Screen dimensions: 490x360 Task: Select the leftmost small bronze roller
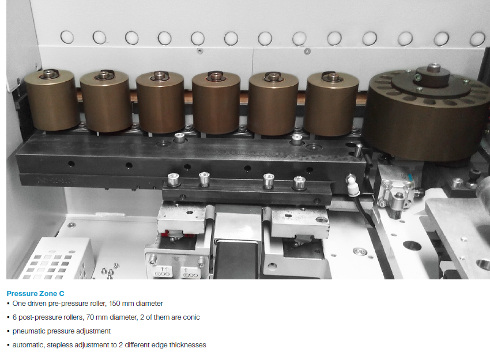pyautogui.click(x=51, y=100)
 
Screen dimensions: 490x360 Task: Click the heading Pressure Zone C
pyautogui.click(x=35, y=294)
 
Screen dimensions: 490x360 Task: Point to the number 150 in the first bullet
pyautogui.click(x=114, y=304)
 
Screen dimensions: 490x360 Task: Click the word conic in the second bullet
pyautogui.click(x=191, y=317)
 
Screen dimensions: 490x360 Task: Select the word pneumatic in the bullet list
pyautogui.click(x=28, y=331)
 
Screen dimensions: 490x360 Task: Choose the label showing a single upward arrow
pyautogui.click(x=190, y=272)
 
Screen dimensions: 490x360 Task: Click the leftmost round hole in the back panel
pyautogui.click(x=67, y=37)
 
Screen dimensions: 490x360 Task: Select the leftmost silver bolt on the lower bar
pyautogui.click(x=174, y=180)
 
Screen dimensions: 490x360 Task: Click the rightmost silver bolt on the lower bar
pyautogui.click(x=299, y=183)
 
